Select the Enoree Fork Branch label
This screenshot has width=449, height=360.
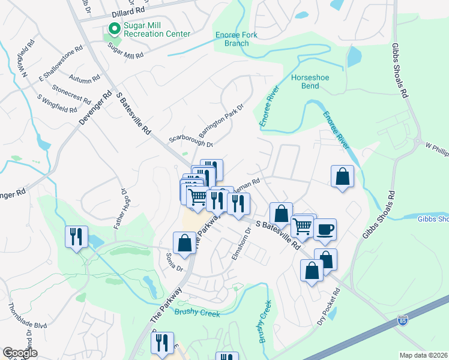236,39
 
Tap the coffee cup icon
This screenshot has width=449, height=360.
325,229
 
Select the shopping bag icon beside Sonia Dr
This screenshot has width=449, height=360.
184,243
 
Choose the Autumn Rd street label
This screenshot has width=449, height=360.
84,78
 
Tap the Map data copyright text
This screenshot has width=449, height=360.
424,355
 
